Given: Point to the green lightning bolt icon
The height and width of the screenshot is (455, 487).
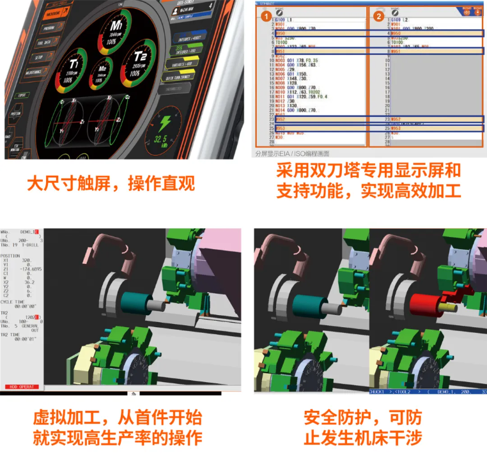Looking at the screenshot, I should [164, 123].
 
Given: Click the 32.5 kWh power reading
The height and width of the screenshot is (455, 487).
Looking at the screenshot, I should [164, 139].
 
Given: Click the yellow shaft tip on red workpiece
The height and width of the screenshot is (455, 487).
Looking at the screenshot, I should [448, 309].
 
